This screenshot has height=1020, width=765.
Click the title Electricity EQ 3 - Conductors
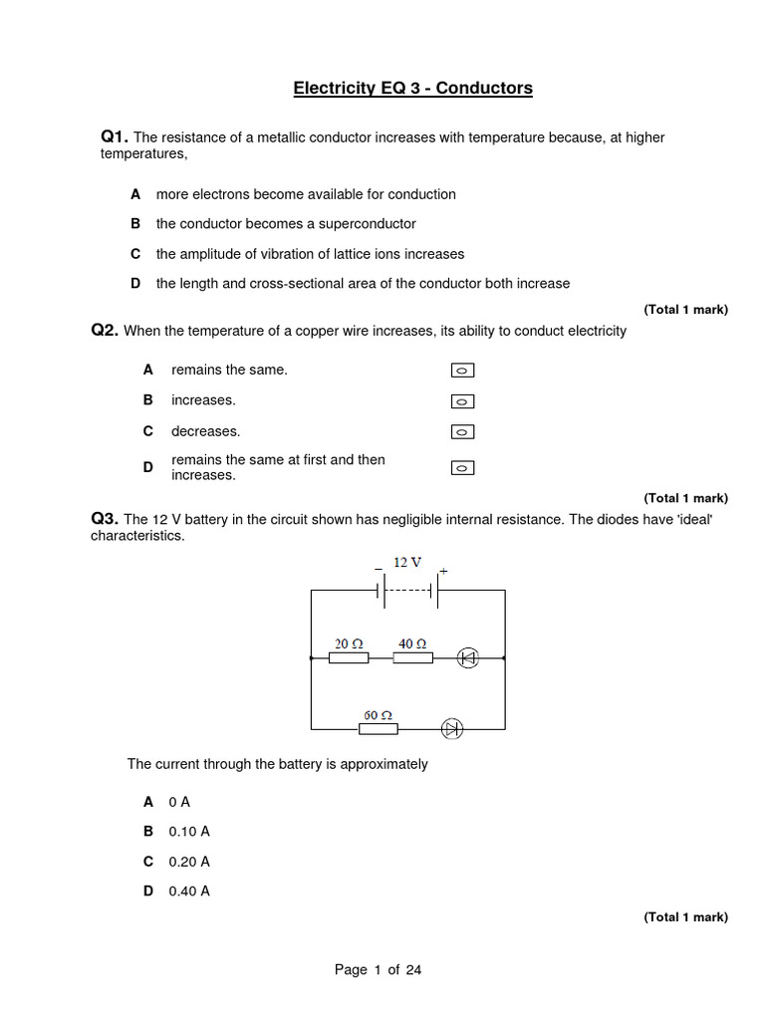tap(412, 89)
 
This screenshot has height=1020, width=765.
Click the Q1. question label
tap(115, 136)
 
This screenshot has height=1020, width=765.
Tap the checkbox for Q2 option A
tap(462, 371)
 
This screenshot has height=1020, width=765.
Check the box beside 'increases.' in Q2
tap(462, 401)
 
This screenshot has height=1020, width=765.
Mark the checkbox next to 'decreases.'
tap(462, 432)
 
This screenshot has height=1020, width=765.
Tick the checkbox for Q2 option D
tap(462, 467)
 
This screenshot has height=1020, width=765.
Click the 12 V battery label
tap(406, 563)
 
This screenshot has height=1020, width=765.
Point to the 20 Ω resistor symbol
tap(349, 657)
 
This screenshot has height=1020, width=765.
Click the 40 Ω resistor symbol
tap(413, 657)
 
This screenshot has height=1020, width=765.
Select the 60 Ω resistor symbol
tap(378, 729)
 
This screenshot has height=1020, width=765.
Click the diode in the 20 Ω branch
tap(467, 657)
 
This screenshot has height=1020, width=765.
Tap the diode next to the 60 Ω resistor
tap(452, 729)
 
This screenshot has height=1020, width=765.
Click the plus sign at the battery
tap(443, 571)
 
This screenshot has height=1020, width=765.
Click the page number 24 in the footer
tap(413, 970)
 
